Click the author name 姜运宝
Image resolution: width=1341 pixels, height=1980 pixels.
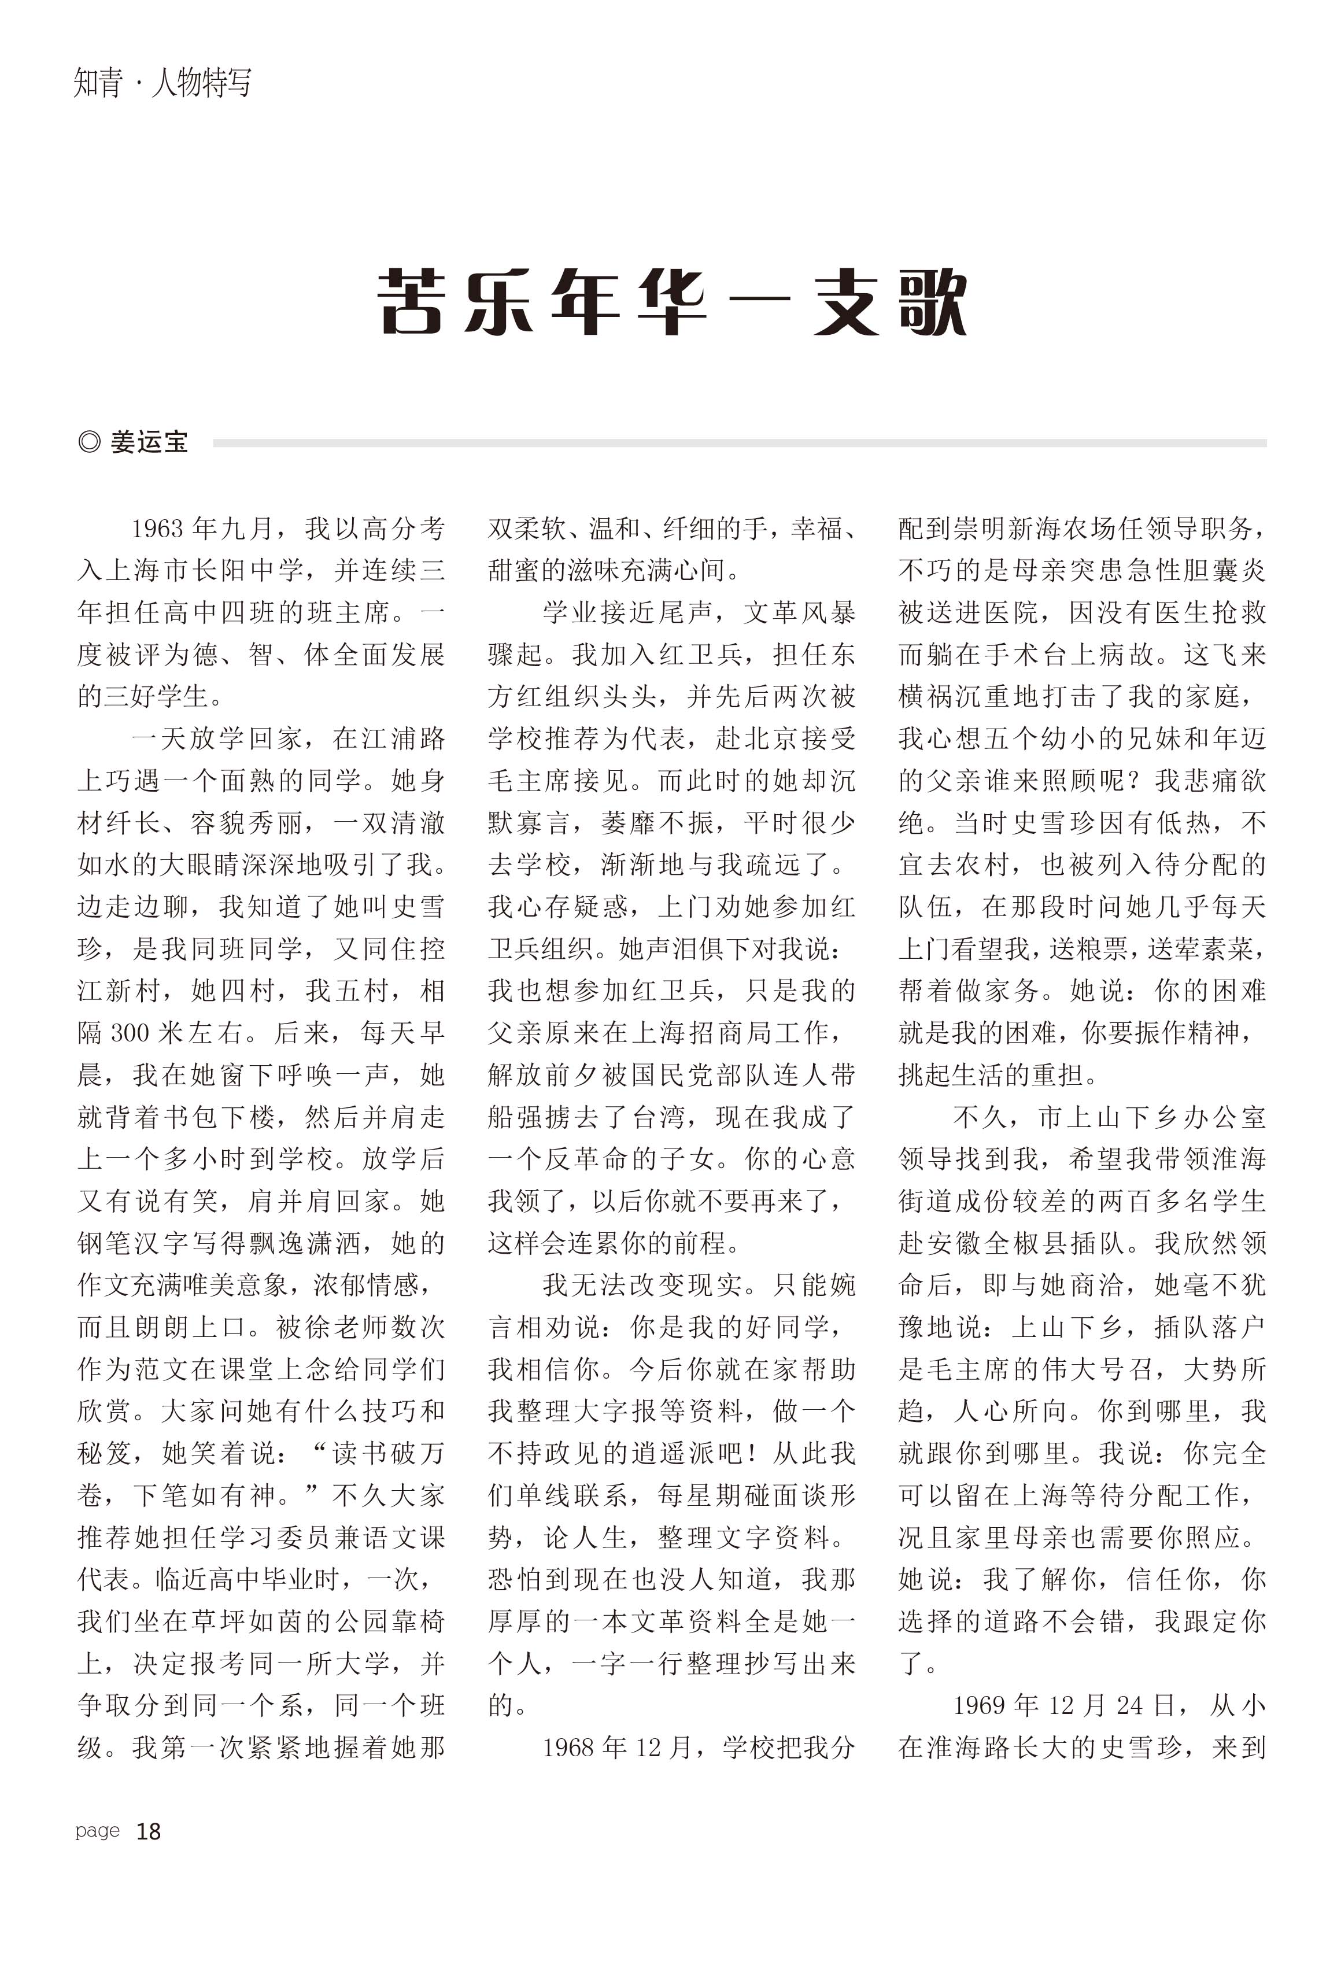point(149,442)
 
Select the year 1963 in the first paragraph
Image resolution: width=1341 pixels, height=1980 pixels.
point(157,529)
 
